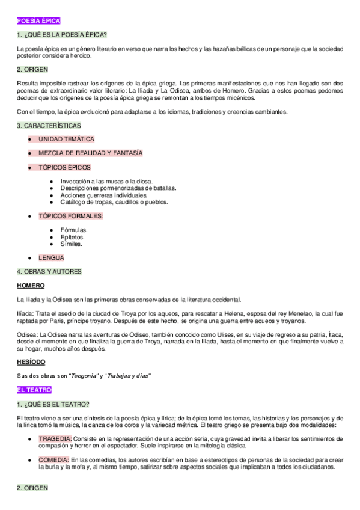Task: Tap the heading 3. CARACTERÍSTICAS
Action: click(49, 126)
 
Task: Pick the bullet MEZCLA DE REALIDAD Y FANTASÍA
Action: click(91, 153)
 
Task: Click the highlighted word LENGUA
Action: click(52, 257)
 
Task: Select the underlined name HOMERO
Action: click(31, 285)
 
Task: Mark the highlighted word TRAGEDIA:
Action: click(55, 438)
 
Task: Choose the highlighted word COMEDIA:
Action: click(54, 459)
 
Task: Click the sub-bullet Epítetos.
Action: click(72, 237)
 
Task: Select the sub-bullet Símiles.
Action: click(72, 244)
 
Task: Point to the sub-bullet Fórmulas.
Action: click(73, 230)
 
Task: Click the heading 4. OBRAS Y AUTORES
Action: click(49, 271)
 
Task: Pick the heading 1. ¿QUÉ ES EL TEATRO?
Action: click(53, 404)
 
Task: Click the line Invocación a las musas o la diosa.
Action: click(106, 181)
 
